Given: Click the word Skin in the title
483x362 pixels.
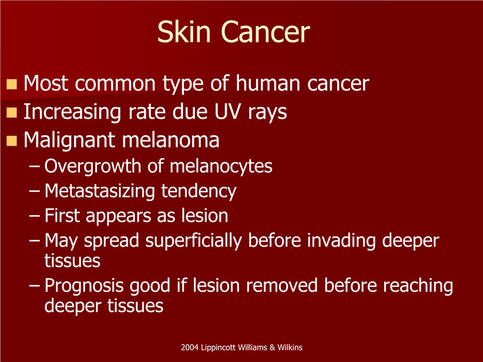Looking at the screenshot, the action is (x=184, y=32).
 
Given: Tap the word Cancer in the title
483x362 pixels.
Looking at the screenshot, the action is (x=266, y=32).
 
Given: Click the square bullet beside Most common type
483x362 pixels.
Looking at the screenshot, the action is (x=11, y=84).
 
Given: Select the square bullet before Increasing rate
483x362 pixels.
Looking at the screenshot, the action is (x=11, y=112).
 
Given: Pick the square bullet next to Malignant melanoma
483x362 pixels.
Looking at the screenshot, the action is (x=11, y=140).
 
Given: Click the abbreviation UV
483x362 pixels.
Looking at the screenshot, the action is (x=227, y=112).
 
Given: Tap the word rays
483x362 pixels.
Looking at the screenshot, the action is (x=267, y=113).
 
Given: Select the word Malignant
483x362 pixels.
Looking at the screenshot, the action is (x=69, y=141).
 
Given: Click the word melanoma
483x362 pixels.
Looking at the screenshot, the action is (x=170, y=140).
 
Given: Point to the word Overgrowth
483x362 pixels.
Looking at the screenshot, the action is (x=92, y=167).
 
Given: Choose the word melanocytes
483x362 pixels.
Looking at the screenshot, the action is (x=221, y=167).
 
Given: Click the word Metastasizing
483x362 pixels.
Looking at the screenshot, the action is (x=99, y=192).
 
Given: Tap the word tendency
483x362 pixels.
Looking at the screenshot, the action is (x=199, y=192).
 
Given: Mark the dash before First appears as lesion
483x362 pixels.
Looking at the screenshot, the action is (x=34, y=216).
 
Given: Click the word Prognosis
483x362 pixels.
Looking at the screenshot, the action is (x=84, y=286).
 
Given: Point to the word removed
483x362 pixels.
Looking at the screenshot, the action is (x=281, y=286).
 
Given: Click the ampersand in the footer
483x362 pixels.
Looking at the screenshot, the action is (x=272, y=347).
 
